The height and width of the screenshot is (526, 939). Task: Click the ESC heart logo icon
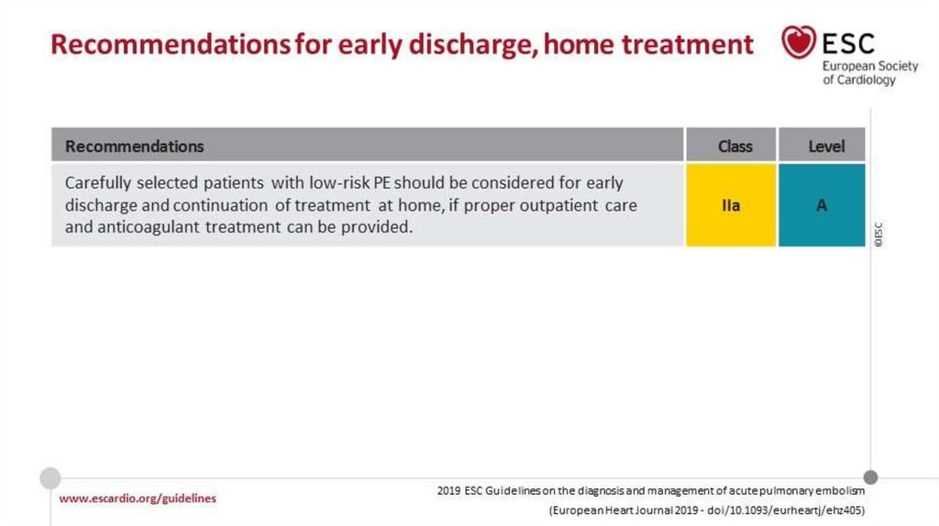(799, 42)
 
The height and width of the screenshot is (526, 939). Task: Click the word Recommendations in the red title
(170, 44)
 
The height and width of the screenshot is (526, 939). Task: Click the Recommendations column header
(134, 147)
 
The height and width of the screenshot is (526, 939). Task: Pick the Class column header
(735, 147)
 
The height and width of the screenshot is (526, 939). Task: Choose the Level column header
(826, 147)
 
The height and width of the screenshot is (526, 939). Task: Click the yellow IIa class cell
(731, 205)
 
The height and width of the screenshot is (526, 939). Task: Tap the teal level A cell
(822, 205)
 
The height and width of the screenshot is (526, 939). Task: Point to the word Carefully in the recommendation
(97, 183)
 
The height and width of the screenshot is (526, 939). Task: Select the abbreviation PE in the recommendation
(382, 182)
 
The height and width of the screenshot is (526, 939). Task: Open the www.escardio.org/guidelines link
(138, 499)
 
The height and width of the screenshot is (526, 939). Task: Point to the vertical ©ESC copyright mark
(878, 235)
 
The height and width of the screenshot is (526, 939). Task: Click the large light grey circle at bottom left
(50, 478)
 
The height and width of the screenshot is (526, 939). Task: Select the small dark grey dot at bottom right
(871, 477)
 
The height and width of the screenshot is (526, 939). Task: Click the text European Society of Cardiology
(869, 73)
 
